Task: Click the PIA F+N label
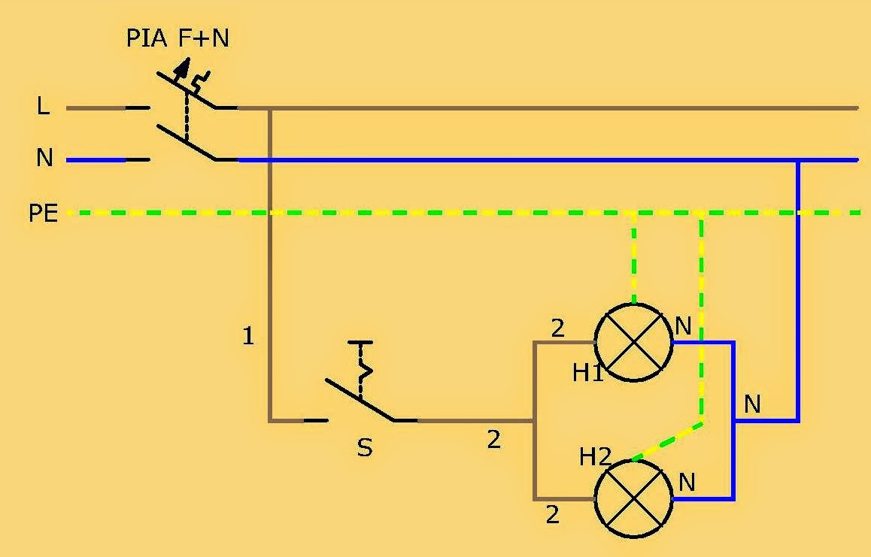178,38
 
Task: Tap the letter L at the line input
44,105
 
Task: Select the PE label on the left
44,213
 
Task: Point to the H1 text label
587,373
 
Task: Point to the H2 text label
595,457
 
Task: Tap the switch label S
364,447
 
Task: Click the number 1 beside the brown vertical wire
248,336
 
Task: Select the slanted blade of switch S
360,400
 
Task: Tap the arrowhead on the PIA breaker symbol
182,67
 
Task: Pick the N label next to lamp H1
683,326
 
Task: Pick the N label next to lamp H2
687,482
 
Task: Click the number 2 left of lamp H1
557,328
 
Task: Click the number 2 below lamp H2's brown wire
552,516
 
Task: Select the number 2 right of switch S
494,440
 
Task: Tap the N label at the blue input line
44,158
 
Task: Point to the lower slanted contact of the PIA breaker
187,143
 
